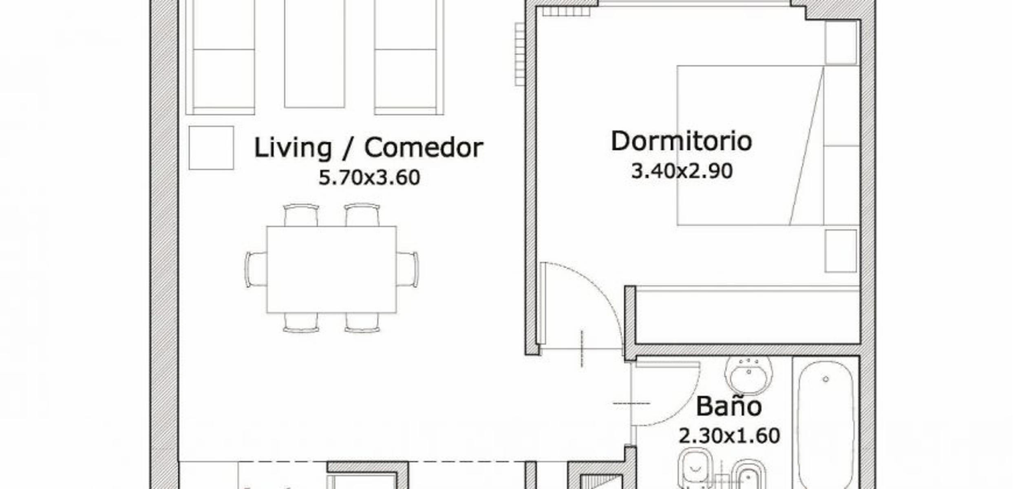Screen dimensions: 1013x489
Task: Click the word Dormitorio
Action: click(x=681, y=141)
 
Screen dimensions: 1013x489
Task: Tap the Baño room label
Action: click(x=728, y=406)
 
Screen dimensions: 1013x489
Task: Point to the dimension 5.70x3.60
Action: click(x=369, y=178)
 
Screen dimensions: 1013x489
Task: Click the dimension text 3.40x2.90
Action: click(x=682, y=171)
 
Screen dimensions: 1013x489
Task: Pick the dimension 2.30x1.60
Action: click(x=729, y=436)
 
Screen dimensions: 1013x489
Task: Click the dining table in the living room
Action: click(x=331, y=269)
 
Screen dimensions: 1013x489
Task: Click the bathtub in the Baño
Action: click(x=825, y=424)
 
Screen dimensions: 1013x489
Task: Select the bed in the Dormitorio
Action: click(x=768, y=145)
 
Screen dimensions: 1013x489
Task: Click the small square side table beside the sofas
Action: click(x=211, y=148)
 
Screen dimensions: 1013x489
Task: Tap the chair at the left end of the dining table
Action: click(x=256, y=269)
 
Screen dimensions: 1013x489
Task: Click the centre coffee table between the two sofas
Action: click(x=314, y=54)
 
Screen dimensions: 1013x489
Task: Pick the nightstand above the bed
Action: click(x=841, y=42)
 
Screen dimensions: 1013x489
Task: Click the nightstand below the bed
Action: click(x=841, y=251)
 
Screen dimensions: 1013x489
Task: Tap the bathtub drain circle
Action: click(x=826, y=379)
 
